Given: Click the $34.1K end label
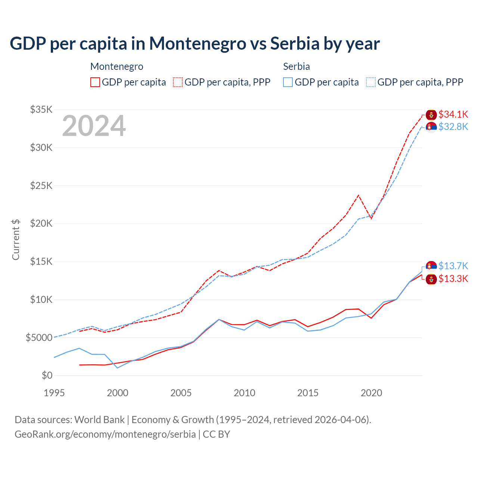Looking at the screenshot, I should click(453, 114).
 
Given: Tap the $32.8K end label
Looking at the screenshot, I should click(453, 127).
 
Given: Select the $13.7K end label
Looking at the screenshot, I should click(453, 266).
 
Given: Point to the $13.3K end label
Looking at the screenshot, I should click(453, 279).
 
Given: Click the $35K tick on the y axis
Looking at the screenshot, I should click(41, 110).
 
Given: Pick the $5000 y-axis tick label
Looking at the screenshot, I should click(39, 338).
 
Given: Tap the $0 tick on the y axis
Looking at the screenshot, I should click(47, 375).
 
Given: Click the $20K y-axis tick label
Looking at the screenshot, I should click(41, 224).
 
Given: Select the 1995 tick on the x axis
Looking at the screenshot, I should click(54, 393).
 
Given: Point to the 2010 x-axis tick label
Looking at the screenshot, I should click(245, 393).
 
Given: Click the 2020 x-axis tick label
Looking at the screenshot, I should click(371, 393).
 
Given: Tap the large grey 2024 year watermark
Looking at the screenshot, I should click(94, 126).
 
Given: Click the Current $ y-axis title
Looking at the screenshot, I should click(16, 239).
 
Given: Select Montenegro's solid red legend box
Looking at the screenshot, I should click(95, 82).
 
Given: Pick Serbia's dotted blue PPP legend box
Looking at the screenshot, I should click(371, 82).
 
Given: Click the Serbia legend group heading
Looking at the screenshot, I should click(297, 66).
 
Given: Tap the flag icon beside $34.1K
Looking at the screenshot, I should click(431, 115).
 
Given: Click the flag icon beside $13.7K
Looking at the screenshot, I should click(431, 266).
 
